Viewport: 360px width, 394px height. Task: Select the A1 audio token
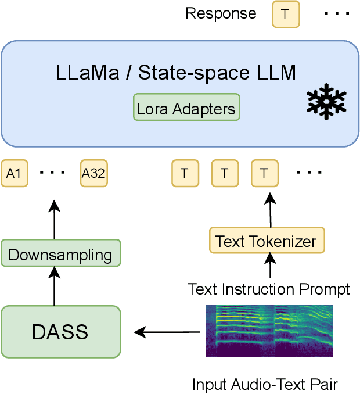[x=15, y=173]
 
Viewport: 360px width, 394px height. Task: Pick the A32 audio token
[x=94, y=173]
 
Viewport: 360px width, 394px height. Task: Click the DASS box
[x=60, y=332]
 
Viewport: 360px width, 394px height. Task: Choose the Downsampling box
[x=60, y=254]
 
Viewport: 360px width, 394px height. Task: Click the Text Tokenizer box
[x=266, y=240]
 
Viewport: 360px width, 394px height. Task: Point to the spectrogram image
[x=269, y=331]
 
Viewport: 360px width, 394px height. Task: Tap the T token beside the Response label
[x=286, y=14]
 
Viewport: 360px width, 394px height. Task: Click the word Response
[x=221, y=13]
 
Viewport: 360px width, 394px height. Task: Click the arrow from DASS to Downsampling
[x=54, y=286]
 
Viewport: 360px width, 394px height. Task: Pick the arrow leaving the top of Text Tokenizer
[x=269, y=210]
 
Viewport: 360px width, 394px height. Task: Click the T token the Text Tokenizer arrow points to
[x=265, y=173]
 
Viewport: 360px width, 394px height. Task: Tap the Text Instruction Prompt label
[x=268, y=289]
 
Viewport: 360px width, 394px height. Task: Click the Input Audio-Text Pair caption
[x=265, y=384]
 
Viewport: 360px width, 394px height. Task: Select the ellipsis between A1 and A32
[x=54, y=173]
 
